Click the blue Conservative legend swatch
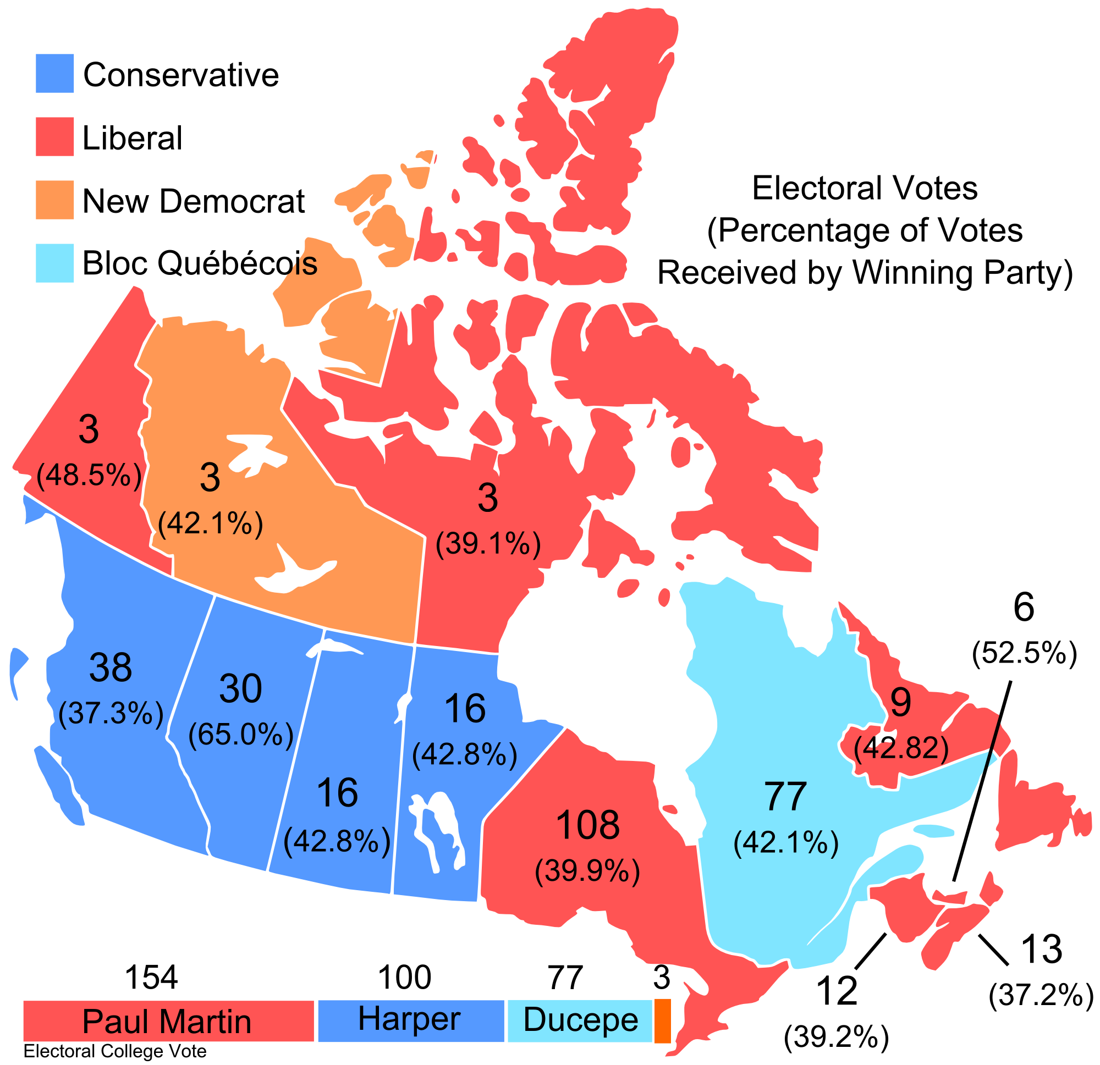(54, 73)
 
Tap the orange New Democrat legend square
(54, 199)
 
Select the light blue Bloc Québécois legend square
(54, 263)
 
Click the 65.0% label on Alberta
(241, 734)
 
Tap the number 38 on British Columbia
(111, 667)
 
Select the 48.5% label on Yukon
(89, 476)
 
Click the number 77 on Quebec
(786, 796)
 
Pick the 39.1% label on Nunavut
(488, 543)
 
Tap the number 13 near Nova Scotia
(1042, 950)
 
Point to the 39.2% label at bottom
(836, 1036)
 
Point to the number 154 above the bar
(152, 978)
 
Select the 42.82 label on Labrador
(901, 748)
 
